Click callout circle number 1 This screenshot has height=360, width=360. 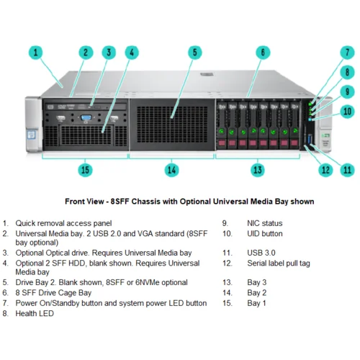point(37,53)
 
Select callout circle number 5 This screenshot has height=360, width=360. point(194,53)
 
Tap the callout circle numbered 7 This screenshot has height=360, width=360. point(346,53)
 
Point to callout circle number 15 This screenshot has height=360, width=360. point(86,170)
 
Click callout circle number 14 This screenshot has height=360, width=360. point(171,170)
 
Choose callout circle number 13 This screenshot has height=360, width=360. point(258,170)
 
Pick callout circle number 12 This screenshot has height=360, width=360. point(325,170)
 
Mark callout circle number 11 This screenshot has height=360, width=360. point(348,170)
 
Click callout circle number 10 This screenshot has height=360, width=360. point(347,112)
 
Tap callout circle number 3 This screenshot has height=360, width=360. point(109,53)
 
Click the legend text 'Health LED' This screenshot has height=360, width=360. point(35,313)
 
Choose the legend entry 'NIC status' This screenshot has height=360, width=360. point(262,223)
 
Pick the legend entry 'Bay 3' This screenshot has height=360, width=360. point(256,283)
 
